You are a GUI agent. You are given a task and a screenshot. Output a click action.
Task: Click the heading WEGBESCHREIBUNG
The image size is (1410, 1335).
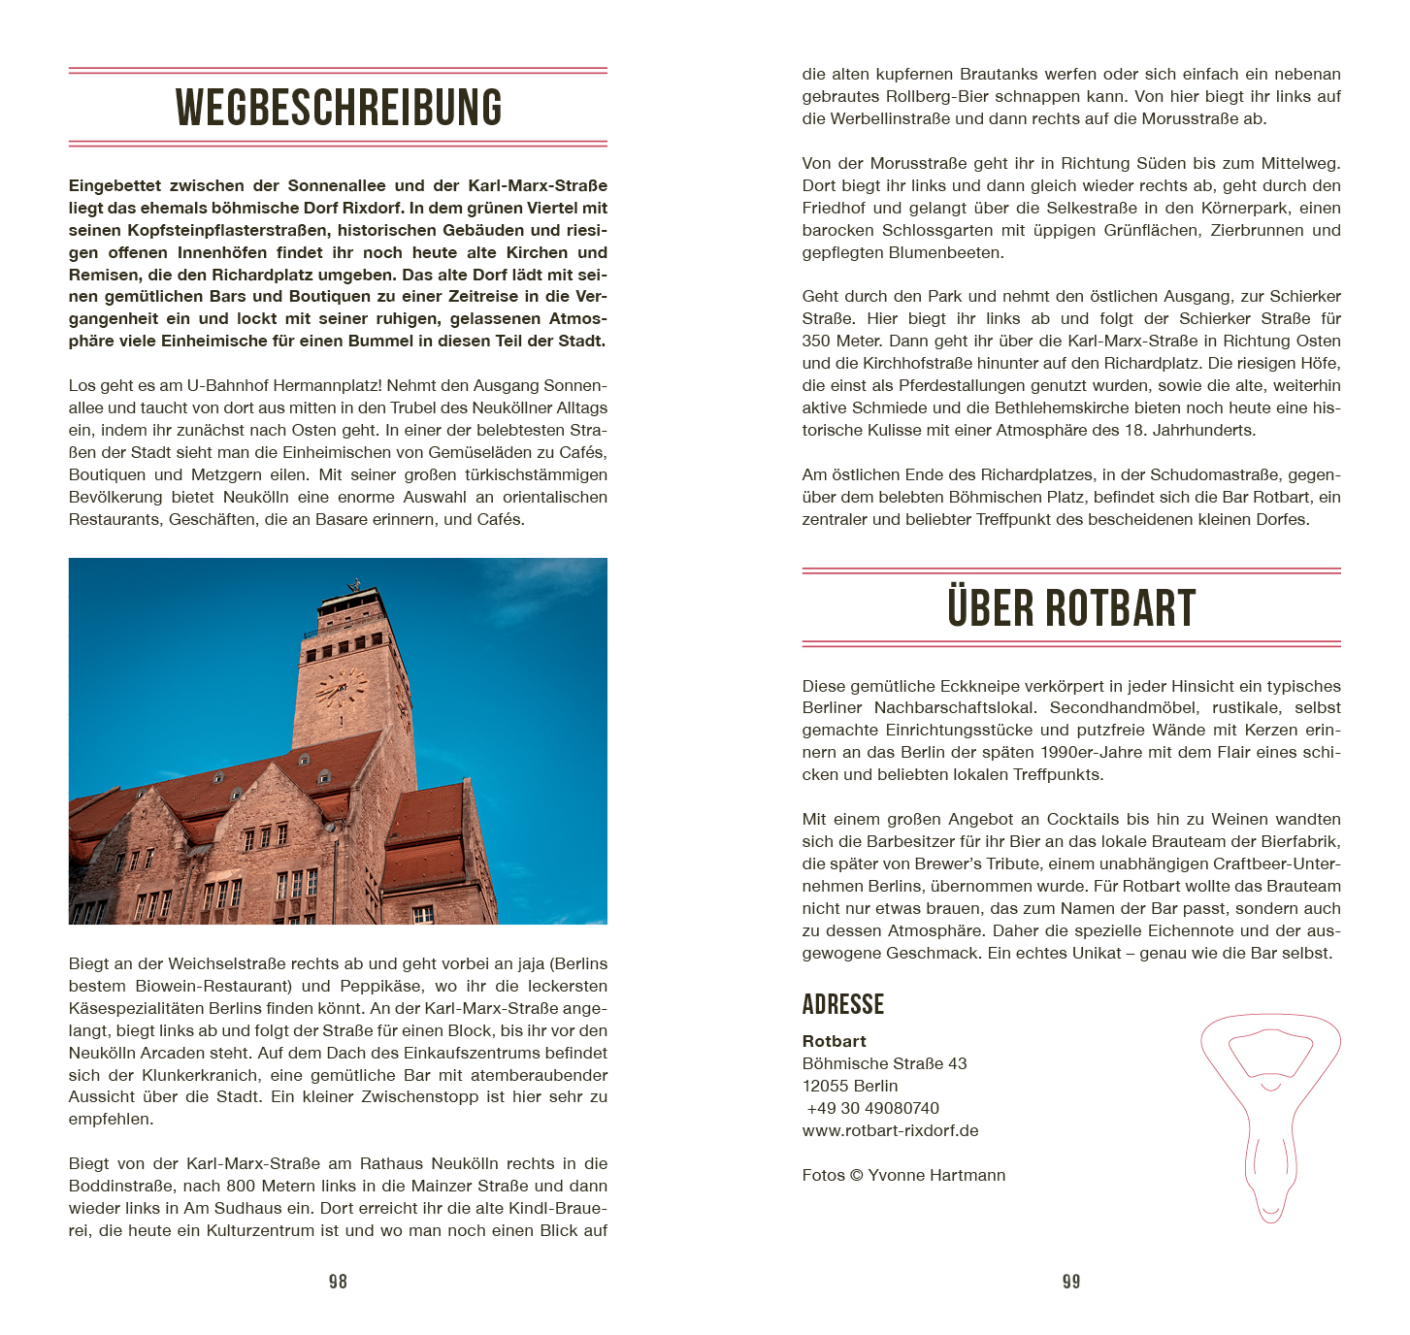pyautogui.click(x=338, y=108)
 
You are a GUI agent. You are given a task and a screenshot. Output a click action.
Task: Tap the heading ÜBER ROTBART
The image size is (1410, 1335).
pyautogui.click(x=1070, y=608)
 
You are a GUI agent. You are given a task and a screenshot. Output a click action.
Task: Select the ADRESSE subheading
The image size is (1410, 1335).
pyautogui.click(x=842, y=1004)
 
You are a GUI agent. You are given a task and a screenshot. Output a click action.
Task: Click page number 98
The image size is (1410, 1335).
pyautogui.click(x=338, y=1282)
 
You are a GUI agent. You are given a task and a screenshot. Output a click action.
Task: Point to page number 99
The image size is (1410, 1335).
pyautogui.click(x=1071, y=1282)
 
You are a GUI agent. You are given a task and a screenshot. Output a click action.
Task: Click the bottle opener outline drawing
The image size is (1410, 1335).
pyautogui.click(x=1270, y=1116)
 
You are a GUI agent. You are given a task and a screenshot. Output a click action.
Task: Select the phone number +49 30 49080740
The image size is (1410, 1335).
pyautogui.click(x=873, y=1108)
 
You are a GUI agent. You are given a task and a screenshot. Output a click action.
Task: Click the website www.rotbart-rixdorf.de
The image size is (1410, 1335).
pyautogui.click(x=890, y=1130)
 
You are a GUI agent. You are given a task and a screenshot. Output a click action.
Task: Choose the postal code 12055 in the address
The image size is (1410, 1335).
pyautogui.click(x=825, y=1086)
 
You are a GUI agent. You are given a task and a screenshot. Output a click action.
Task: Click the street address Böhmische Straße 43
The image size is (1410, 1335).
pyautogui.click(x=884, y=1063)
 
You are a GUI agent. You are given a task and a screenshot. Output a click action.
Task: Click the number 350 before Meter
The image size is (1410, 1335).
pyautogui.click(x=817, y=341)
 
